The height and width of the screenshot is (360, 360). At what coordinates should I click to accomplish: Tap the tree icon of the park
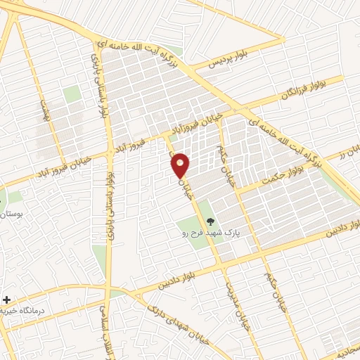tap(212, 222)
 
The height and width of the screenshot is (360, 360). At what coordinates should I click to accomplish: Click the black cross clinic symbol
tap(7, 300)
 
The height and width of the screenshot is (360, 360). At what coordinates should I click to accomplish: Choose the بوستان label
tap(13, 212)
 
